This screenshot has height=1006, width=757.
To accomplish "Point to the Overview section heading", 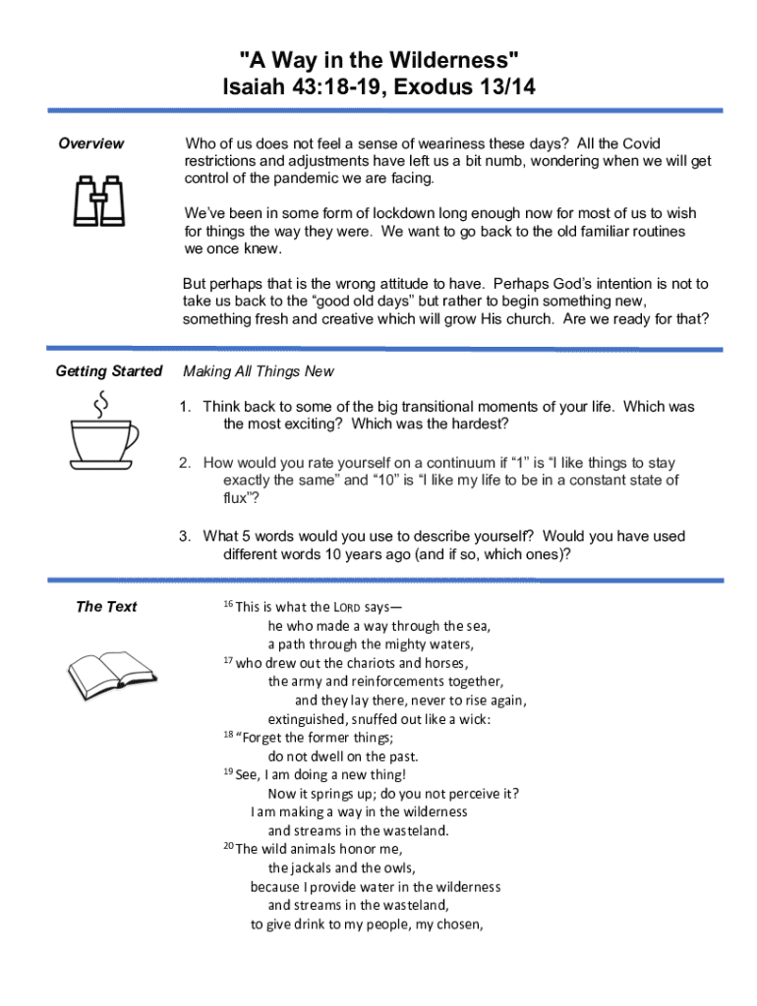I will pyautogui.click(x=91, y=143).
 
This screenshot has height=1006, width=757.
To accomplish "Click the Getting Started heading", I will pyautogui.click(x=109, y=371).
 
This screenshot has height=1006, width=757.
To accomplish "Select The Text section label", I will pyautogui.click(x=106, y=606).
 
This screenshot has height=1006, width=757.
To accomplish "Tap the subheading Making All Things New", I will pyautogui.click(x=259, y=371).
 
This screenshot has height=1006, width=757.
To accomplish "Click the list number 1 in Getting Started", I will pyautogui.click(x=184, y=407).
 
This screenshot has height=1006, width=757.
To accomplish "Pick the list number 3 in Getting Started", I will pyautogui.click(x=184, y=536).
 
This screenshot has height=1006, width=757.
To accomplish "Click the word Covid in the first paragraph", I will pyautogui.click(x=641, y=143).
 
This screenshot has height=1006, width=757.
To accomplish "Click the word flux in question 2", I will pyautogui.click(x=237, y=498).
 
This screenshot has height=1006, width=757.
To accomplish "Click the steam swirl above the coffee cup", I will pyautogui.click(x=100, y=403).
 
